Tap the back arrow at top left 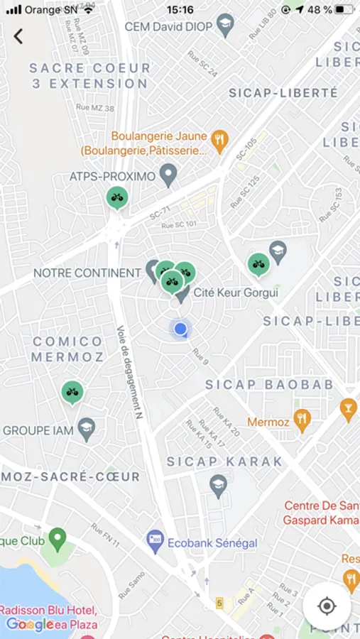pos(18,36)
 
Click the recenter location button pos(327,606)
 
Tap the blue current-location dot pos(180,329)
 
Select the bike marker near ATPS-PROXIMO pos(117,197)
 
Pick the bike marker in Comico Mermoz pos(72,391)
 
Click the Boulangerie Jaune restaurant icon pos(220,140)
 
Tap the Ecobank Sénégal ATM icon pos(155,542)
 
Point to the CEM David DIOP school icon pos(226,27)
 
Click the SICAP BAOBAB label pos(269,384)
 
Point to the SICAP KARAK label pos(224,461)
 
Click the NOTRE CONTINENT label pos(87,273)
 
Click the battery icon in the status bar pos(344,10)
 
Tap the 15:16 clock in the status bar pos(180,10)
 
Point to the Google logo pos(30,624)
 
